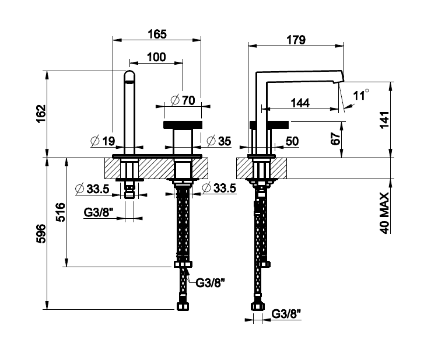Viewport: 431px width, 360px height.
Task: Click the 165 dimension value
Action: (x=157, y=34)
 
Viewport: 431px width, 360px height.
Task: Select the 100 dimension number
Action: (x=156, y=57)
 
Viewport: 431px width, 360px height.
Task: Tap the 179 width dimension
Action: (x=296, y=40)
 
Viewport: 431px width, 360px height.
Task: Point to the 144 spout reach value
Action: (x=300, y=103)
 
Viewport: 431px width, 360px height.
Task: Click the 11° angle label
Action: (x=361, y=95)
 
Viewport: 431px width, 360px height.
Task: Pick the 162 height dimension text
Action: (x=41, y=114)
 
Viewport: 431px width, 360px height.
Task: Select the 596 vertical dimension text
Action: (x=41, y=233)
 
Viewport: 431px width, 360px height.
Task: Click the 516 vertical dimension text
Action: (x=61, y=212)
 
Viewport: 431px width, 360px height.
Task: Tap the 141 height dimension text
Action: (x=384, y=120)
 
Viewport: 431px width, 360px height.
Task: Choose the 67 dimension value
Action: (x=335, y=139)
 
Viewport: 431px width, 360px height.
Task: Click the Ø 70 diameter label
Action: (x=183, y=100)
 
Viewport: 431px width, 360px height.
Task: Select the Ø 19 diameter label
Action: (x=103, y=141)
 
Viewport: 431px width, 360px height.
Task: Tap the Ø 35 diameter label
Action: (x=219, y=141)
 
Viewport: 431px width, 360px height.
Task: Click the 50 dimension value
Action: (x=292, y=141)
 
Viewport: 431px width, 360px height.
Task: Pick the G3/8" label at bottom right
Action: (x=286, y=313)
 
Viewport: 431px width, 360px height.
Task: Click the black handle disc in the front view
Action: (x=183, y=125)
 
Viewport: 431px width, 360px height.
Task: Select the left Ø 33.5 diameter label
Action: (x=92, y=189)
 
